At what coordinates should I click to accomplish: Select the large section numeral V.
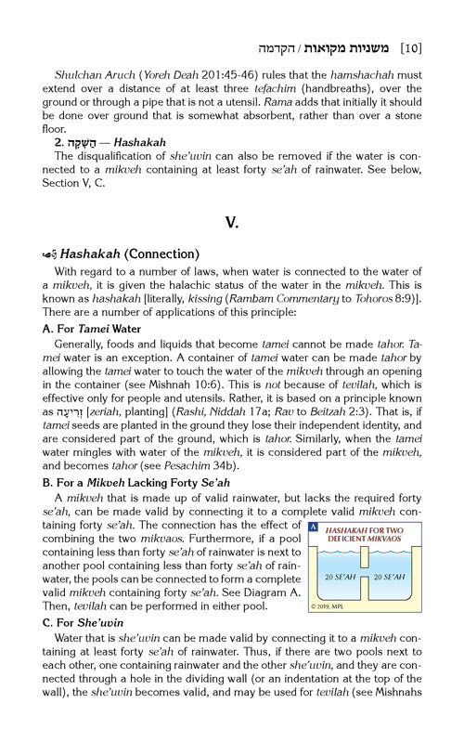tap(232, 224)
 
